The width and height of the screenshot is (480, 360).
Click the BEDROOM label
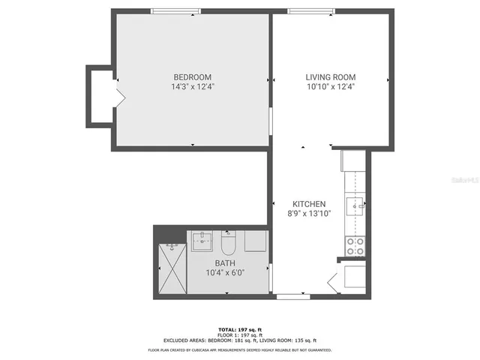pyautogui.click(x=192, y=77)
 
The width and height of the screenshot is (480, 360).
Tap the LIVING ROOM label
pyautogui.click(x=330, y=77)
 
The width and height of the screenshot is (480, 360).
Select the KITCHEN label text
pyautogui.click(x=308, y=204)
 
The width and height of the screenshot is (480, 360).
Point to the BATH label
pyautogui.click(x=225, y=263)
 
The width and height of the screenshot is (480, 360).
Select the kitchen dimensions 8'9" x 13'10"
pyautogui.click(x=308, y=214)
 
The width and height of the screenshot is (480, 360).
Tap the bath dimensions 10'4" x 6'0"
pyautogui.click(x=225, y=273)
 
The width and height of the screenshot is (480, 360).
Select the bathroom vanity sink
pyautogui.click(x=202, y=241)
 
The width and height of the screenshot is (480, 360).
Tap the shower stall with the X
pyautogui.click(x=171, y=270)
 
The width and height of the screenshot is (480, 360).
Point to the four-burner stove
pyautogui.click(x=354, y=245)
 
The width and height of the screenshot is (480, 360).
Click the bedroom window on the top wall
pyautogui.click(x=175, y=11)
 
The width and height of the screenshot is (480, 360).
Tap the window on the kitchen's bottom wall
pyautogui.click(x=293, y=297)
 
